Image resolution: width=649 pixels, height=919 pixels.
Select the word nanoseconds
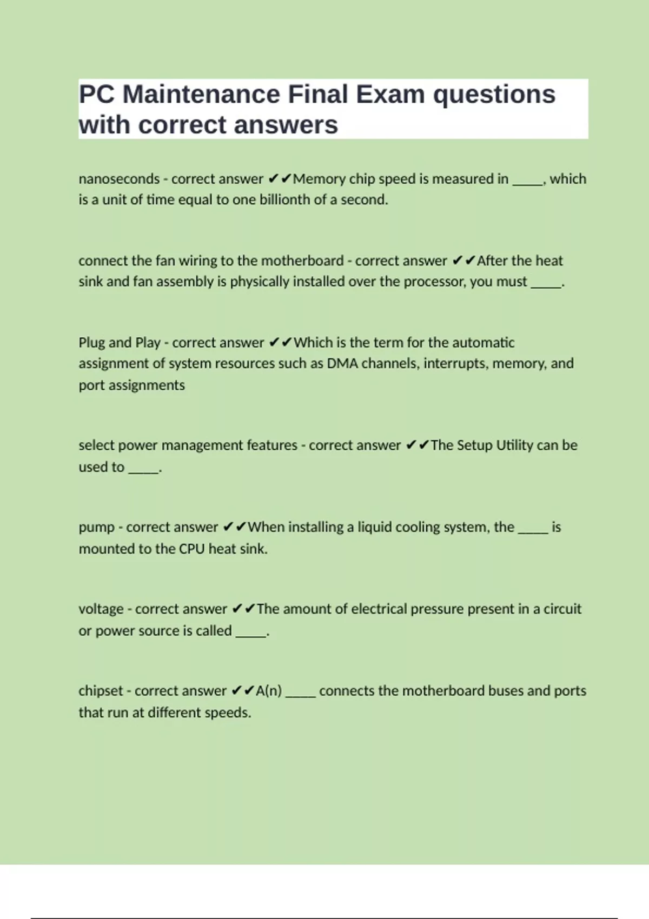pyautogui.click(x=119, y=179)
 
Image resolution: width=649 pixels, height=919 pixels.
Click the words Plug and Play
pyautogui.click(x=120, y=343)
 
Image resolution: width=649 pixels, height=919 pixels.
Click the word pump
pyautogui.click(x=96, y=528)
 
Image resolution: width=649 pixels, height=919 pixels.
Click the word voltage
pyautogui.click(x=101, y=609)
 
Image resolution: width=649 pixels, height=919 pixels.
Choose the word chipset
pyautogui.click(x=101, y=691)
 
